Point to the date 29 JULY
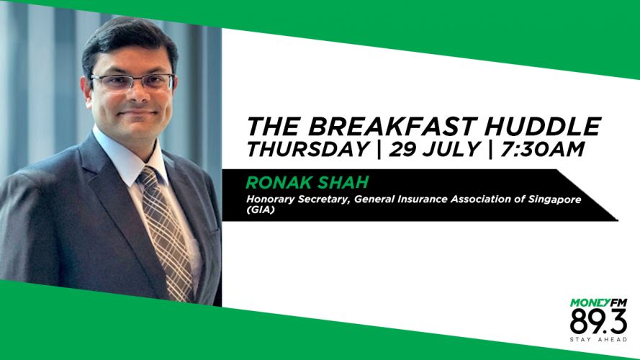pos(434,149)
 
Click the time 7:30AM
pos(542,149)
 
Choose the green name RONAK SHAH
pos(307,182)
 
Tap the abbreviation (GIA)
pos(260,210)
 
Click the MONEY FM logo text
pos(598,303)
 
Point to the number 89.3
pos(598,322)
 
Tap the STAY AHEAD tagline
pos(598,340)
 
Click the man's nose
pos(138,95)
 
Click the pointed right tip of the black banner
pos(617,220)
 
